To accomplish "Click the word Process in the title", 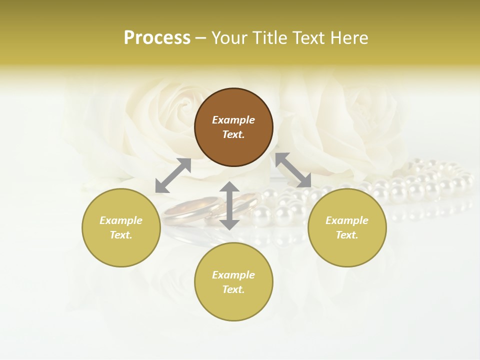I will tap(157, 38).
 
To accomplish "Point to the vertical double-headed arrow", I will tap(229, 205).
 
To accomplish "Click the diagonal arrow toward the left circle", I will tap(173, 175).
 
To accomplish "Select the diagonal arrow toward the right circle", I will tap(293, 170).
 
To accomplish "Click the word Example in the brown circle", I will tap(233, 120).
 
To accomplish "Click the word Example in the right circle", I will tap(347, 220).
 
